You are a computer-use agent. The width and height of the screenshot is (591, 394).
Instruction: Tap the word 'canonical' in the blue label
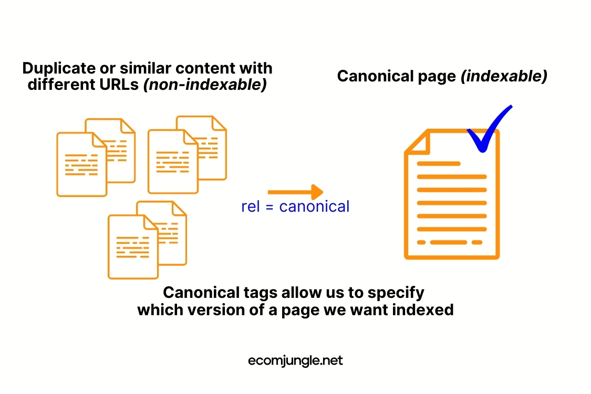(x=314, y=206)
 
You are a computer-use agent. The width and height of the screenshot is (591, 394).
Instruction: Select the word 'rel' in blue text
(x=250, y=206)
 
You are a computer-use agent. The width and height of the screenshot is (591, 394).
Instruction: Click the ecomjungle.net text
(x=295, y=361)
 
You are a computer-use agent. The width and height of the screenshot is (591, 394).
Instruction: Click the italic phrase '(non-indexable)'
(x=205, y=84)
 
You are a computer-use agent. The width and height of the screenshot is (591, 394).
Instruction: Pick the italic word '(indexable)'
(x=504, y=76)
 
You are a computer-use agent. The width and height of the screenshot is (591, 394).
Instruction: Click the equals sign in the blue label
(x=269, y=207)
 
